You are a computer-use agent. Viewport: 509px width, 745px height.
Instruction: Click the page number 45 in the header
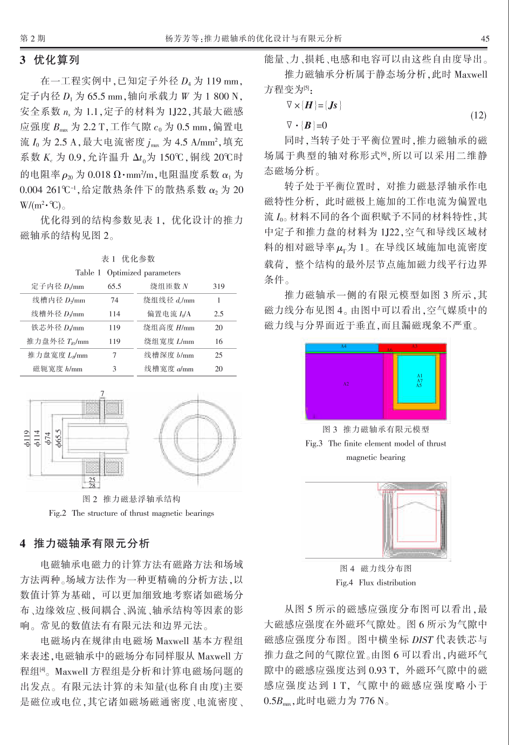point(485,38)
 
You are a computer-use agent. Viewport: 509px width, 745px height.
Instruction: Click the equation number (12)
point(478,115)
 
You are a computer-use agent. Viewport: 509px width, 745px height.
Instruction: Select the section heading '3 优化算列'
point(50,60)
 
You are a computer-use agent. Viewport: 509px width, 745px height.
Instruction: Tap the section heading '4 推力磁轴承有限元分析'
point(84,543)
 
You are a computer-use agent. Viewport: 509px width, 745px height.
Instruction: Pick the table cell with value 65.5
point(114,286)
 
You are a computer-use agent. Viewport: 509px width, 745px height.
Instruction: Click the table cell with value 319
point(218,286)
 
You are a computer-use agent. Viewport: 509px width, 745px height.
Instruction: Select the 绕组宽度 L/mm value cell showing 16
point(218,341)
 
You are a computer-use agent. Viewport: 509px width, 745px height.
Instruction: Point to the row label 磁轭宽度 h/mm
point(58,369)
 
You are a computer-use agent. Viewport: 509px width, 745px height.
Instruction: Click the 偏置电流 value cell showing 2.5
point(218,314)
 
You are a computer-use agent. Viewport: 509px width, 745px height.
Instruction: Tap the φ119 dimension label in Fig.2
point(26,438)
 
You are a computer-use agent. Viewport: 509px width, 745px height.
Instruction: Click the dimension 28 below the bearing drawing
point(92,486)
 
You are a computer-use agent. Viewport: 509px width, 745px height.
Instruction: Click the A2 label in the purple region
point(346,384)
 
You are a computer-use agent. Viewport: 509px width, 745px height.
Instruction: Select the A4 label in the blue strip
point(343,346)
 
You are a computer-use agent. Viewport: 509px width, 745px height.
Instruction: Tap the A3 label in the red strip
point(414,346)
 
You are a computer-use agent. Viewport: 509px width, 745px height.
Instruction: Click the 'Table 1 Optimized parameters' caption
point(128,272)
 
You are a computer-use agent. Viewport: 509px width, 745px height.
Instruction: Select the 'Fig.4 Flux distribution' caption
point(375,582)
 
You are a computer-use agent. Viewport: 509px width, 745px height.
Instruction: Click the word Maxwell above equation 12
point(470,74)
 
